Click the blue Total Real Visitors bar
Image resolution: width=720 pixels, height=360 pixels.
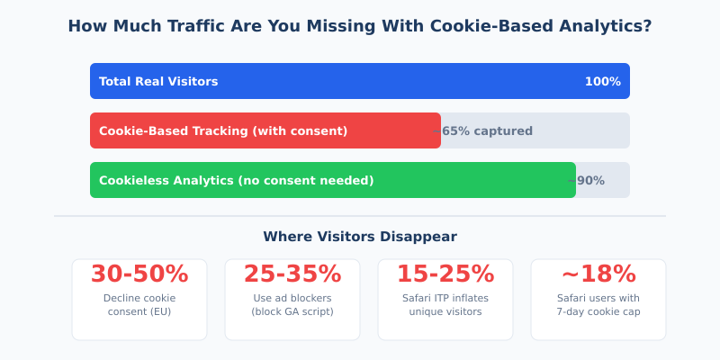click(x=360, y=81)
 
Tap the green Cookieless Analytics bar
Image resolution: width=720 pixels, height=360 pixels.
click(x=333, y=180)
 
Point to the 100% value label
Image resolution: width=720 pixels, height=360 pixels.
click(x=602, y=82)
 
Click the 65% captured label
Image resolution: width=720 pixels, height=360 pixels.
click(x=486, y=131)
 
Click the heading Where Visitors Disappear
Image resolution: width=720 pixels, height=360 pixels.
click(x=360, y=237)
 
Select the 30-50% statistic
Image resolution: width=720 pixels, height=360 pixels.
click(x=139, y=274)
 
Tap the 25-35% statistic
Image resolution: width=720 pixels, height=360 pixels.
click(x=292, y=274)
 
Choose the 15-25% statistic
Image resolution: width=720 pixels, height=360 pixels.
click(x=445, y=274)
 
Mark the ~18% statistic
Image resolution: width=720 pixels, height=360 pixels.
click(x=598, y=274)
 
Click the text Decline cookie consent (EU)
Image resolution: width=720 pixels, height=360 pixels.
click(x=139, y=305)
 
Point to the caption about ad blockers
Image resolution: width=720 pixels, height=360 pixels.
click(x=292, y=305)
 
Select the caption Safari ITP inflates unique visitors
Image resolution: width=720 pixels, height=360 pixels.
click(x=445, y=305)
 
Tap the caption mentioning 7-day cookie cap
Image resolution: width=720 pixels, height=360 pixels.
click(x=598, y=305)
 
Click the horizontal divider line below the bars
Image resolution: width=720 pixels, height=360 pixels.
click(x=360, y=216)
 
